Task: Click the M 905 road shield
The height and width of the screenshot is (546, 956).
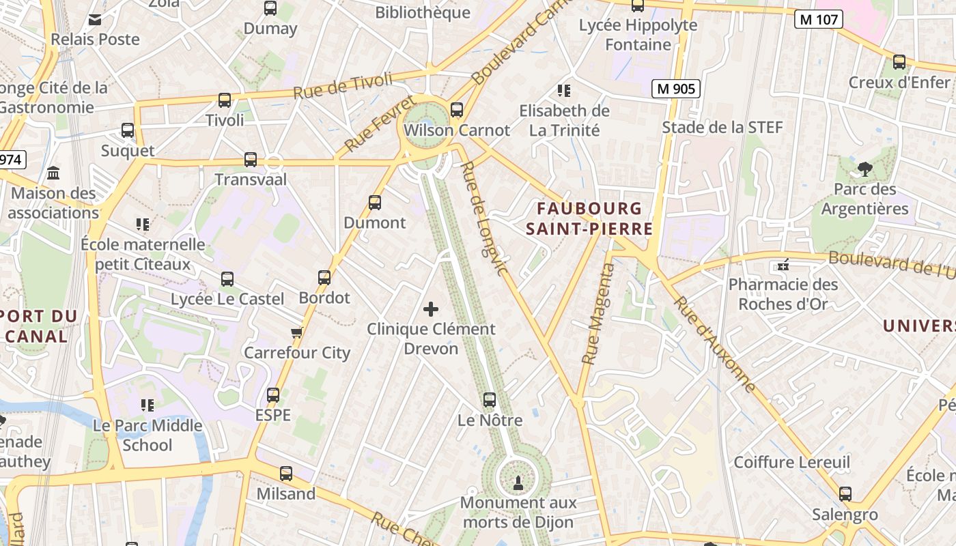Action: coord(675,88)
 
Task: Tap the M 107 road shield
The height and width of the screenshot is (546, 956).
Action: coord(817,19)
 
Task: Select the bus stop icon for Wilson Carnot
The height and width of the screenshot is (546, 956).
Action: coord(457,109)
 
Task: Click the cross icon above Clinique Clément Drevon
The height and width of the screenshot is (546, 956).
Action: coord(431,309)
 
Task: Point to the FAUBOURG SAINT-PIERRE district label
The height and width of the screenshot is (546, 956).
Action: coord(589,218)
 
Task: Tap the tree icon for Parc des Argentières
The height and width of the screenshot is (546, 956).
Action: coord(865,169)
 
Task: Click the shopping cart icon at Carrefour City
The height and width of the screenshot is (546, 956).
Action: coord(296,333)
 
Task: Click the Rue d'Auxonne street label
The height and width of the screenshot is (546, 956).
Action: coord(715,345)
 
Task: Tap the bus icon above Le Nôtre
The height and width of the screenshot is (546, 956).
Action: coord(490,400)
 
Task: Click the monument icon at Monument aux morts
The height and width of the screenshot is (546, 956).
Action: coord(518,483)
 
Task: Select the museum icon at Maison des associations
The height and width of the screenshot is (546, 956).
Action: coord(53,173)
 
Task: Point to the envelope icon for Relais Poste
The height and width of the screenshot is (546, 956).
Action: coord(95,19)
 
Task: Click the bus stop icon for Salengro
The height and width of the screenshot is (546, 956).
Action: coord(845,494)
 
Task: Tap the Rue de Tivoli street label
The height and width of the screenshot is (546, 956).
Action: coord(343,85)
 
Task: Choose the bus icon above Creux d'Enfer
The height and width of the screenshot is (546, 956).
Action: coord(899,62)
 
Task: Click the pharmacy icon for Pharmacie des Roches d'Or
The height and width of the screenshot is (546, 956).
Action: coord(783,264)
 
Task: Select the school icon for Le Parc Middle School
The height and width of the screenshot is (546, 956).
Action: coord(147,405)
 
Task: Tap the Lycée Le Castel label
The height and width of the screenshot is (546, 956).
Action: coord(227,299)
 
